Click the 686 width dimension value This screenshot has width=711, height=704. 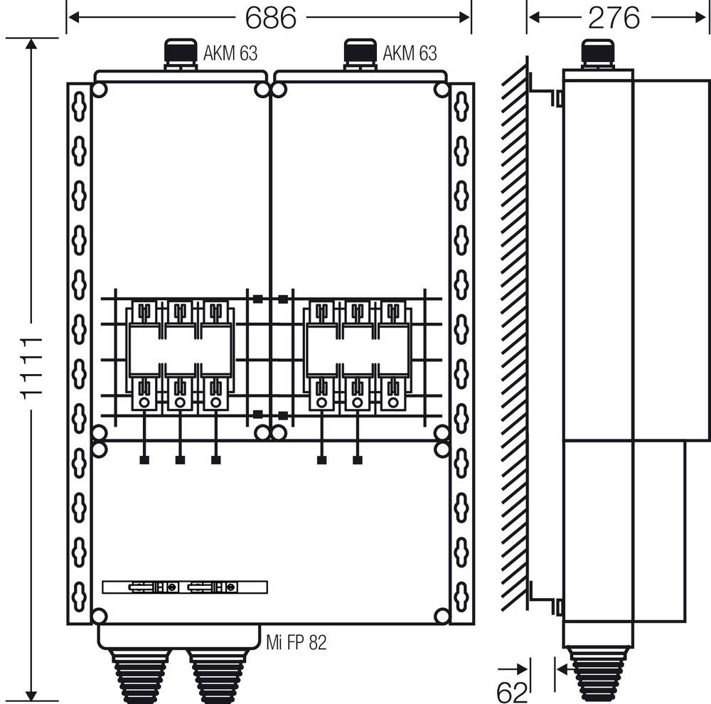point(269,17)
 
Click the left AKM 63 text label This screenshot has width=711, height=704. point(230,53)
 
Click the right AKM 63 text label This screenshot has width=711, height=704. point(410,53)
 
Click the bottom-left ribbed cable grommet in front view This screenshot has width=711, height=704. point(139,676)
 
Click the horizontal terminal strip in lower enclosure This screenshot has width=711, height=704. point(185,587)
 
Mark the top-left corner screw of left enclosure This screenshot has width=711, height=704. point(100,90)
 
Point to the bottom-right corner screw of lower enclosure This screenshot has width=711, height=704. point(442,616)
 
